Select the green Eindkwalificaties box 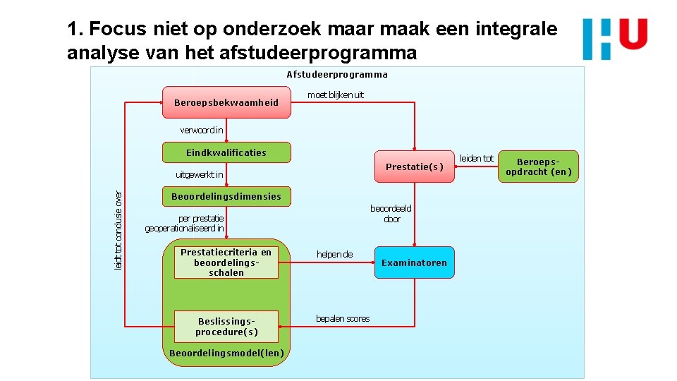(x=226, y=152)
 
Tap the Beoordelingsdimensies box (x=226, y=197)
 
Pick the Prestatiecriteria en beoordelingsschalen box (x=226, y=262)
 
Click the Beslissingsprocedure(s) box (x=226, y=326)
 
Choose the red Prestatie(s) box (x=415, y=167)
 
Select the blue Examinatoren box (x=415, y=262)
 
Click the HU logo (x=615, y=39)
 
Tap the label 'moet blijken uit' (x=336, y=95)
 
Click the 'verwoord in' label (x=202, y=130)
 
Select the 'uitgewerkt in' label (x=200, y=175)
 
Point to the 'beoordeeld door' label (x=391, y=214)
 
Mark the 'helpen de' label (x=335, y=254)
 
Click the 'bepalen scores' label (x=343, y=319)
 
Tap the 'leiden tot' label (x=477, y=159)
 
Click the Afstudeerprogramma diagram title (x=337, y=74)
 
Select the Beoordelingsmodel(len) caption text (x=226, y=353)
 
